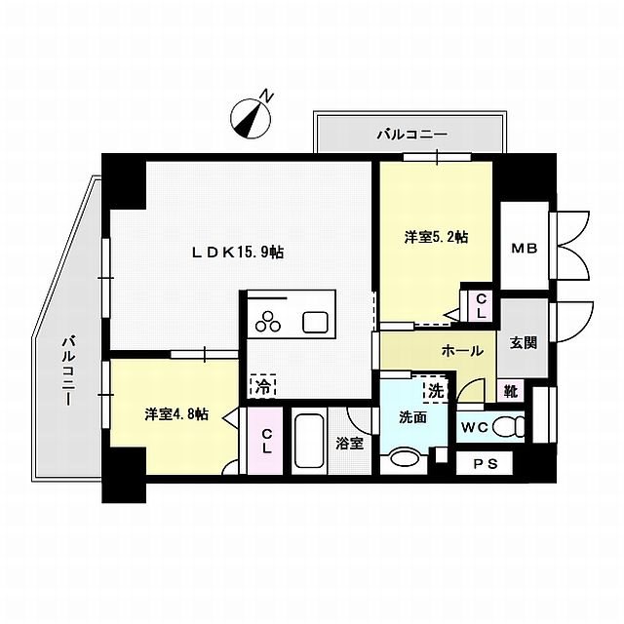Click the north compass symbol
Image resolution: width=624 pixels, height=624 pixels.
pos(252,116)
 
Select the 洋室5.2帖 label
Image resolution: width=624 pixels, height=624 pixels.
pos(436,237)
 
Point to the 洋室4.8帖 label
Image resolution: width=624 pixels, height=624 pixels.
pos(176,414)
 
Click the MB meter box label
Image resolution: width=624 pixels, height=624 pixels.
pos(524,250)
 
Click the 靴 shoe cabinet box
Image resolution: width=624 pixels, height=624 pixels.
pos(510,391)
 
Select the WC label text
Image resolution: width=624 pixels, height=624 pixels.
pos(475,426)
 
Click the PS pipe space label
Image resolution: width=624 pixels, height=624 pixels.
pos(485,465)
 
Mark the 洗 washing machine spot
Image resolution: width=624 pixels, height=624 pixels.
pos(433,389)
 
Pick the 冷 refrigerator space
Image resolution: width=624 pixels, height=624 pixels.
pos(261,386)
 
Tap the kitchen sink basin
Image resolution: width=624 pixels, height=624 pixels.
pos(317,320)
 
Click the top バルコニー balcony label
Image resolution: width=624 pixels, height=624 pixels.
pos(410,134)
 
